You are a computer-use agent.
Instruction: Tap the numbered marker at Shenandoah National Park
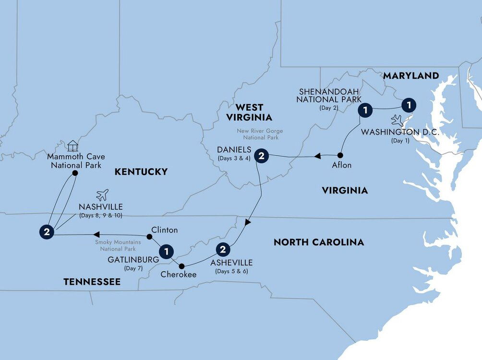coord(366,110)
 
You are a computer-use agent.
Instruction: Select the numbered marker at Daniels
coord(261,156)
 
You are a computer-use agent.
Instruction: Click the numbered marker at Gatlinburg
coord(166,251)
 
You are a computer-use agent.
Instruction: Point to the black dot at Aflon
coord(340,156)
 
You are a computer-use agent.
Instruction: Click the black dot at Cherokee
coord(181,266)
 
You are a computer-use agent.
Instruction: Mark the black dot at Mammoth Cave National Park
coord(75,173)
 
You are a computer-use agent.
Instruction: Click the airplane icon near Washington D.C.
coord(398,120)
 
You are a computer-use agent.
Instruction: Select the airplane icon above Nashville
coord(102,194)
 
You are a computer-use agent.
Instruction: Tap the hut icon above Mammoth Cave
coord(72,145)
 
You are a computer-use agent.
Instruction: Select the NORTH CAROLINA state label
coord(318,242)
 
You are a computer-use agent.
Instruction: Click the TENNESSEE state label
coord(92,282)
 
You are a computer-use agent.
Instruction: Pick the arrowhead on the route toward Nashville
coord(96,234)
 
